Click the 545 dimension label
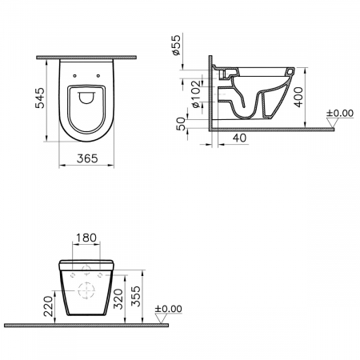click(x=40, y=98)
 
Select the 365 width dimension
click(x=87, y=158)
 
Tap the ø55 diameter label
click(x=176, y=45)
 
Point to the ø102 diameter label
click(x=196, y=94)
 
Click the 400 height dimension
click(x=299, y=97)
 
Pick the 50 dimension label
click(x=182, y=124)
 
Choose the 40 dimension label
click(x=240, y=138)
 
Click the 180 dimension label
click(x=86, y=238)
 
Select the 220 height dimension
click(x=49, y=306)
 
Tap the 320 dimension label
click(x=118, y=299)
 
